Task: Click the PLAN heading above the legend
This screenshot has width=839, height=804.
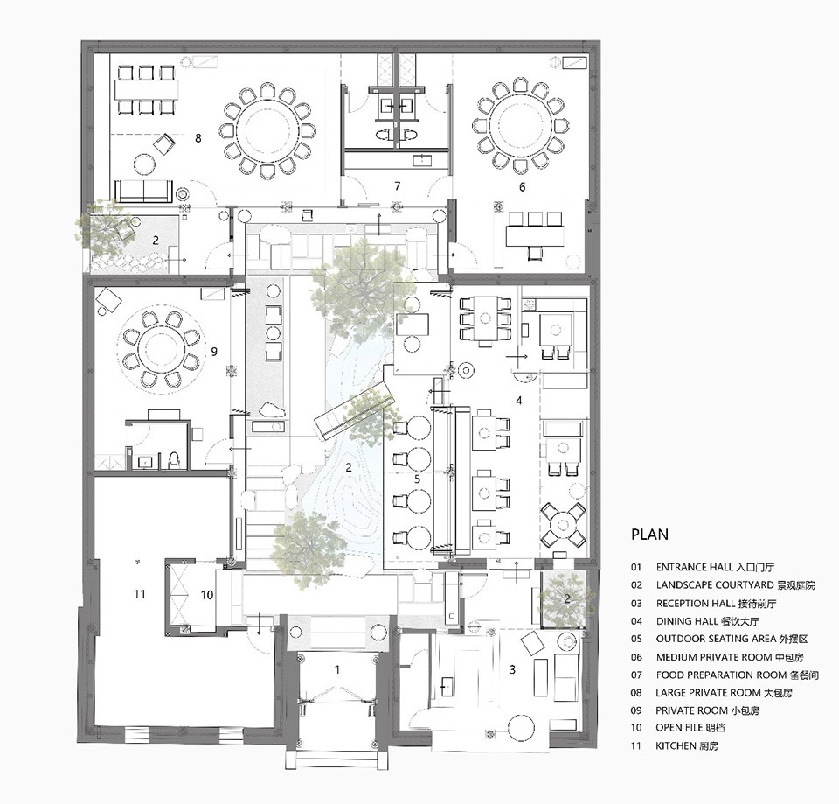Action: click(x=649, y=534)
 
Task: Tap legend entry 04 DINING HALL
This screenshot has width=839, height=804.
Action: click(x=695, y=621)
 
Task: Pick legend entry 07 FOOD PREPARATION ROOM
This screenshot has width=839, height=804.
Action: click(x=725, y=675)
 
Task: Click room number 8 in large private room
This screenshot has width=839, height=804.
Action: click(x=198, y=138)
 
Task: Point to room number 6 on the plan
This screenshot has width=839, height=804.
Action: click(x=523, y=186)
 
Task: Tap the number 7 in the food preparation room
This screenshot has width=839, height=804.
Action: click(x=397, y=185)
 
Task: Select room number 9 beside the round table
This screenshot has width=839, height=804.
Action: click(x=214, y=352)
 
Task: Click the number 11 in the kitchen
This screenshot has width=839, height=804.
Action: click(x=140, y=593)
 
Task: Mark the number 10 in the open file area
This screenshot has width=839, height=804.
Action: click(x=207, y=595)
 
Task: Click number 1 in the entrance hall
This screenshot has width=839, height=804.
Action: click(x=337, y=669)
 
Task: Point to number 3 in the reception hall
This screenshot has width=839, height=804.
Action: click(x=513, y=669)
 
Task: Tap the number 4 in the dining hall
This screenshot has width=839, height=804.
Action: click(x=518, y=400)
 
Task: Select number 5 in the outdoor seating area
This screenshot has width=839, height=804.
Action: click(x=418, y=479)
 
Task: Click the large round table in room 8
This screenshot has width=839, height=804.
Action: click(x=267, y=130)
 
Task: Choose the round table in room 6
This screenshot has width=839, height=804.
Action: click(x=519, y=126)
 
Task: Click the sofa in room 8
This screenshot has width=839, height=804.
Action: click(x=144, y=192)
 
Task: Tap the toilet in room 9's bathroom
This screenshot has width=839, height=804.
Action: click(x=173, y=459)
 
